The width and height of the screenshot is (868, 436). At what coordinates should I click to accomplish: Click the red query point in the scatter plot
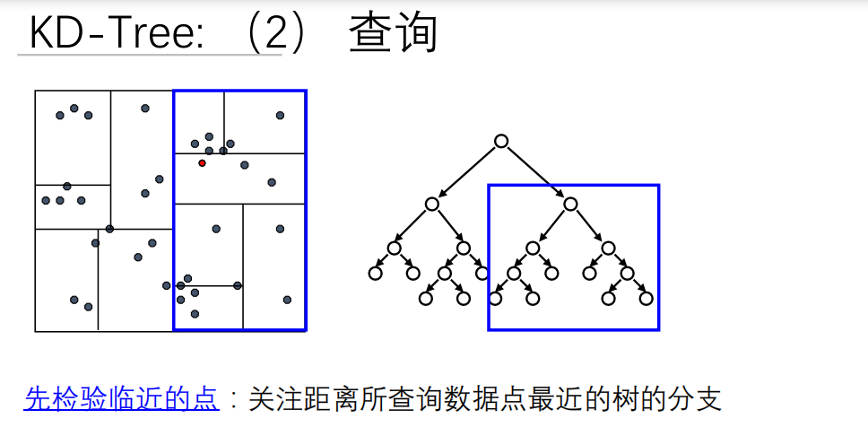[x=202, y=162]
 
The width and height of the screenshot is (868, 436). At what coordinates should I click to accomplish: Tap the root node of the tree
[x=501, y=141]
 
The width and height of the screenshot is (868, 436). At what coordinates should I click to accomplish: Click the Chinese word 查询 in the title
[x=393, y=33]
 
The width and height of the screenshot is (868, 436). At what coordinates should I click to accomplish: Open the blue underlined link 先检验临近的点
[x=121, y=398]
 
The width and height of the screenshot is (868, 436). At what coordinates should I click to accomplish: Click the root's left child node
[x=432, y=205]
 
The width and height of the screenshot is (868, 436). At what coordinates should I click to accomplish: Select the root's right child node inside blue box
[x=570, y=205]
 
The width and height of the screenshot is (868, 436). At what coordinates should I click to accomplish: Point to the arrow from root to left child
[x=467, y=172]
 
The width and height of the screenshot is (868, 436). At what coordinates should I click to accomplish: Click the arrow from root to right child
[x=535, y=172]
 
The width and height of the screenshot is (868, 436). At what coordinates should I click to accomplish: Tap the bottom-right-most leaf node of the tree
[x=647, y=299]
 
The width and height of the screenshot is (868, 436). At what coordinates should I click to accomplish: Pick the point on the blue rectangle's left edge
[x=173, y=286]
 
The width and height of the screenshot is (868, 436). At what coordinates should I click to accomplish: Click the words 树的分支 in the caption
[x=682, y=398]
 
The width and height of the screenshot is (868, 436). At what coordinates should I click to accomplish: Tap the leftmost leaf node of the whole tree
[x=375, y=273]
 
